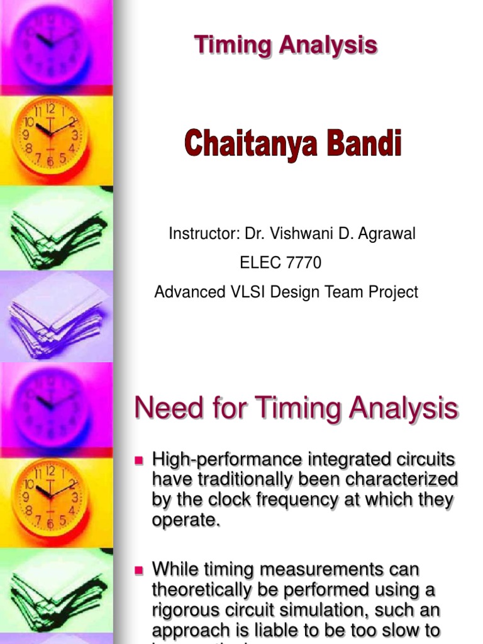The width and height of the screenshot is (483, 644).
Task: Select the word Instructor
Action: [x=199, y=234]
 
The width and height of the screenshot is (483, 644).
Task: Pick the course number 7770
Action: [x=303, y=263]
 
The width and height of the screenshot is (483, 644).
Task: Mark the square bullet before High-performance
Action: [x=140, y=461]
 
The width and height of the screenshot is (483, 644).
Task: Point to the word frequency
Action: [x=290, y=500]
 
